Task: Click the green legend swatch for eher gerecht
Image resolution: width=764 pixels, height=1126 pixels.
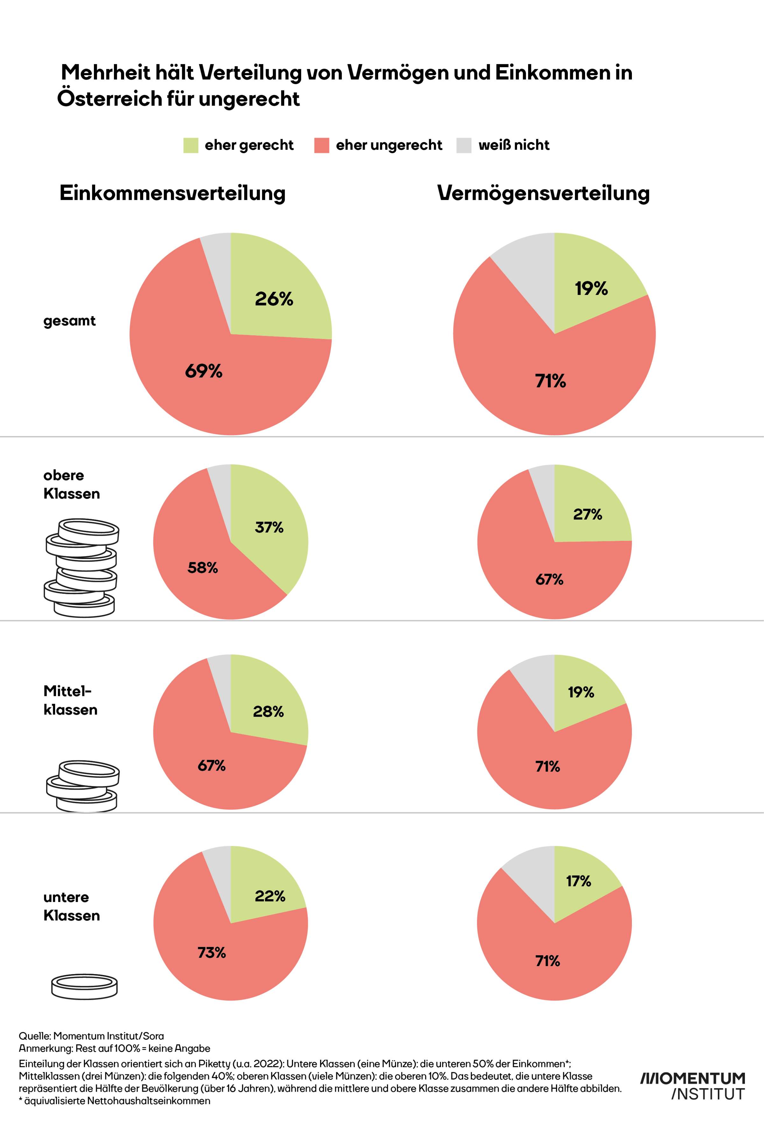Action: click(x=190, y=145)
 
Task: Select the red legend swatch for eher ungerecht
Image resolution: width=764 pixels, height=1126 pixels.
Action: click(x=322, y=145)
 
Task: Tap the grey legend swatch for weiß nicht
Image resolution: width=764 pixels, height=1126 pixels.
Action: click(x=463, y=145)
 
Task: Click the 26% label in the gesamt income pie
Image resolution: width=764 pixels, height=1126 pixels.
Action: click(x=274, y=299)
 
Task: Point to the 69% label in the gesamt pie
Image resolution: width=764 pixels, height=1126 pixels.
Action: click(x=204, y=371)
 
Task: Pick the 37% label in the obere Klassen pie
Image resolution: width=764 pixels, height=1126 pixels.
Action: click(x=269, y=527)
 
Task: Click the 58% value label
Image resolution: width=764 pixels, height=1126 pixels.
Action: click(x=203, y=567)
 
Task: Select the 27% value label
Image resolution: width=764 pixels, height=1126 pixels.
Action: click(x=588, y=514)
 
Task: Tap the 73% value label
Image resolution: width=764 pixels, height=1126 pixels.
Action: click(x=212, y=952)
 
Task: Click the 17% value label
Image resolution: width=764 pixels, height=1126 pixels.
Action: click(x=578, y=881)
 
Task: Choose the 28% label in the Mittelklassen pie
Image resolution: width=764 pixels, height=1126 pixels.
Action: click(x=268, y=711)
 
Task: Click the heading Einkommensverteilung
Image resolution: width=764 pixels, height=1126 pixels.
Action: click(x=172, y=193)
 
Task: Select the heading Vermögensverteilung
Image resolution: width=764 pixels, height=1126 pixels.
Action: click(x=543, y=193)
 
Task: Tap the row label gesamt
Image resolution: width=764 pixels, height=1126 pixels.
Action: click(x=69, y=321)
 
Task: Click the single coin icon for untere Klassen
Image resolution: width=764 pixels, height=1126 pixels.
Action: click(x=84, y=986)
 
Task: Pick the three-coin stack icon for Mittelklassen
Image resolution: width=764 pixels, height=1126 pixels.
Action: click(x=83, y=785)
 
